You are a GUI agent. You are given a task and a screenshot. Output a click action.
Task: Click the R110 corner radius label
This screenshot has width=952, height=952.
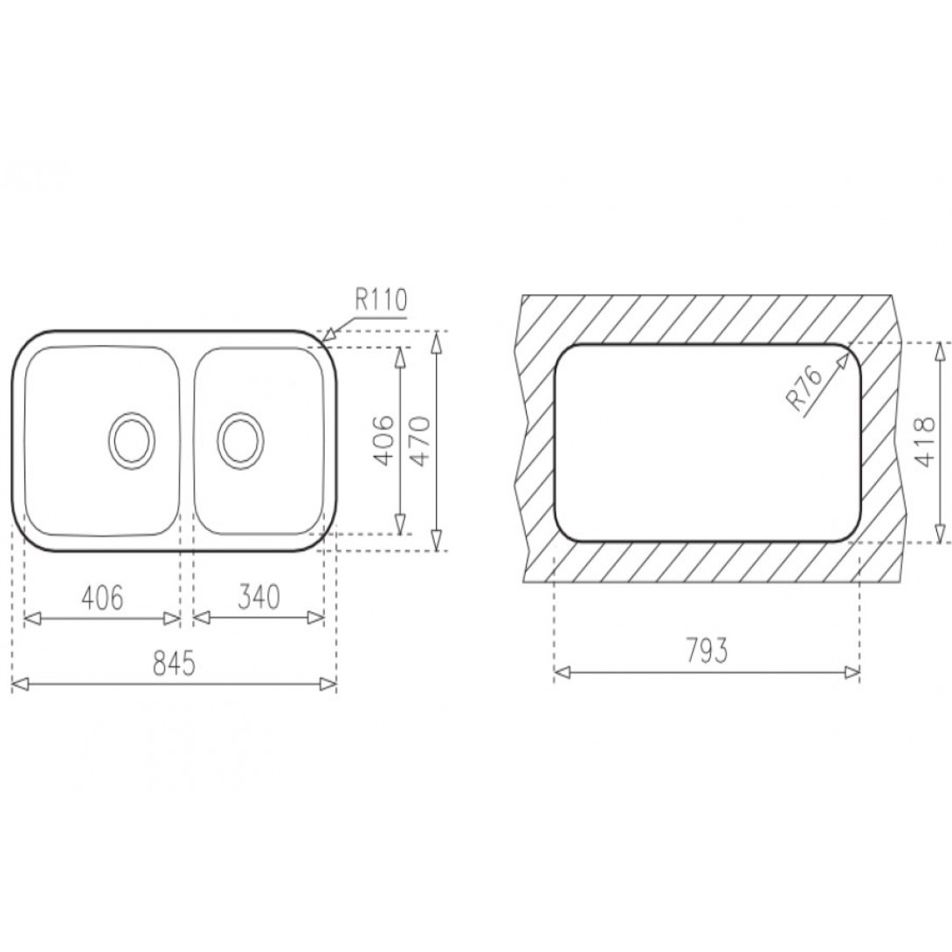click(381, 301)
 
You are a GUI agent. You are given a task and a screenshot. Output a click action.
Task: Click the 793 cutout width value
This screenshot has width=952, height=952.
click(707, 652)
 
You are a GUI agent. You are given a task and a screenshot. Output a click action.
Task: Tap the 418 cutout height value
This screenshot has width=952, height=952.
click(922, 441)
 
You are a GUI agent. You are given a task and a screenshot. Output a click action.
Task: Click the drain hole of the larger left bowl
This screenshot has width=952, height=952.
click(133, 439)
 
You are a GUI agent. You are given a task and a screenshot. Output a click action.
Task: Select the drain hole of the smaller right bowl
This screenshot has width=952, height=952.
click(239, 439)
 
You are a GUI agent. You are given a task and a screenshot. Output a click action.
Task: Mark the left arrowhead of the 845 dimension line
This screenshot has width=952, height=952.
click(18, 685)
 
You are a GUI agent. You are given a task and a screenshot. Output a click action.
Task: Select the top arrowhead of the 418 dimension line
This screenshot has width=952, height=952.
click(939, 349)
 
